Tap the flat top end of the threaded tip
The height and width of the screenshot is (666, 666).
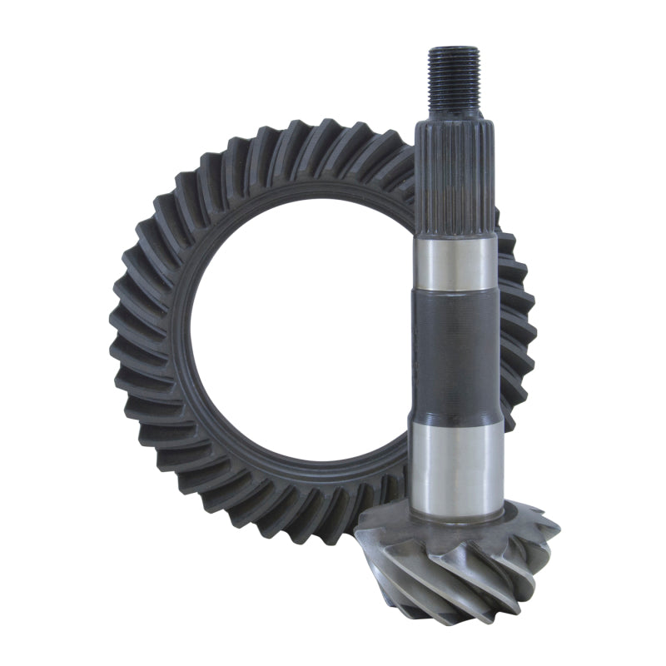(x=454, y=50)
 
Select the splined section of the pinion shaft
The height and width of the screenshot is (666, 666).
(x=454, y=175)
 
